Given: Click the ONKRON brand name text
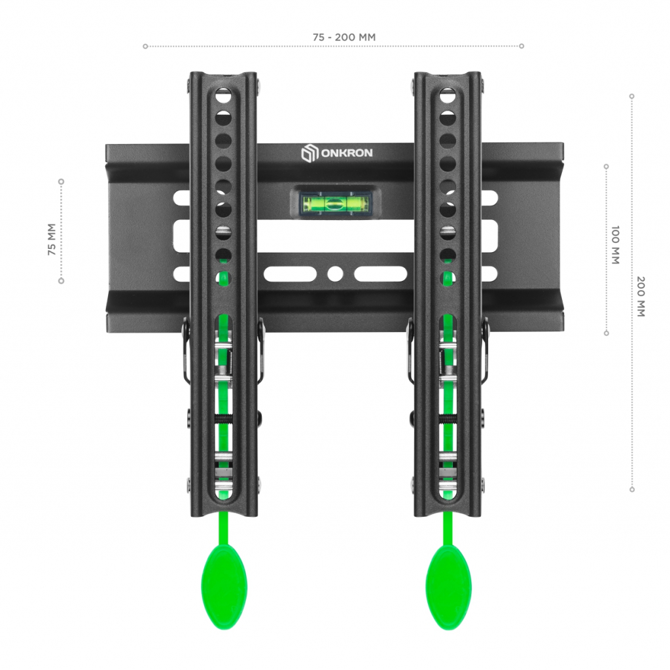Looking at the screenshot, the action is pos(347,153).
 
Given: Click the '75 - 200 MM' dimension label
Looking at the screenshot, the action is pos(344,37).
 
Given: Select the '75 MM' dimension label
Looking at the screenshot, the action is pos(52,240).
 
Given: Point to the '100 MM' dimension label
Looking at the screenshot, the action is pos(615,245).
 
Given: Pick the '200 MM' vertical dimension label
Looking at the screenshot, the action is pos(641,297).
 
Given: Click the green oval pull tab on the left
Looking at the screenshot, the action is pos(224,587).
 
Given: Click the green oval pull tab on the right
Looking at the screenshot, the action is pos(449,587).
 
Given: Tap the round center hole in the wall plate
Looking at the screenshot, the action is pos(335,274).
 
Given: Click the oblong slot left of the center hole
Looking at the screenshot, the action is pos(290,274).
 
